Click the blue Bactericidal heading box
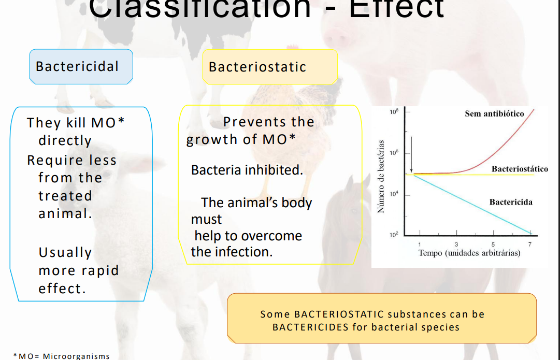81,67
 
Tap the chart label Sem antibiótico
494,114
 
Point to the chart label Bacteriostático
519,169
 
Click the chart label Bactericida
511,202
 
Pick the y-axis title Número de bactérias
381,176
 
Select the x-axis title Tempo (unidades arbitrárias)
469,253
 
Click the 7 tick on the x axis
529,244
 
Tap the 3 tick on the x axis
456,244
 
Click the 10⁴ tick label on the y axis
394,194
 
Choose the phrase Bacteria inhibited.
247,170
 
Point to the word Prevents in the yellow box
247,122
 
